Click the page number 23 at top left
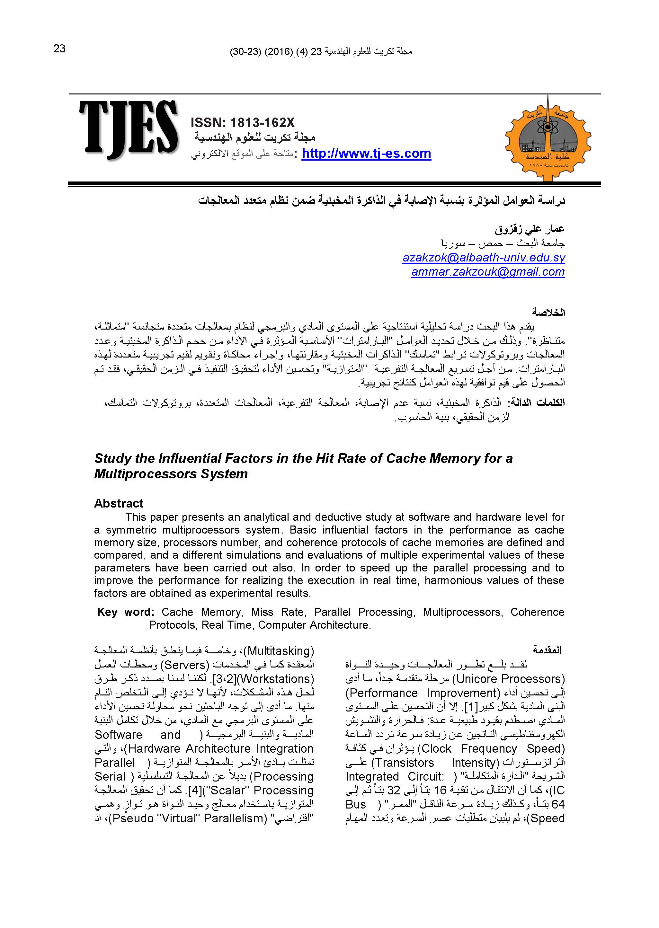pyautogui.click(x=59, y=49)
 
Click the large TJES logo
pyautogui.click(x=129, y=129)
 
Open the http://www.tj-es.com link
pyautogui.click(x=366, y=154)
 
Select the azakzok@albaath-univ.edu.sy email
pyautogui.click(x=484, y=258)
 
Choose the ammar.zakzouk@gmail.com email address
pyautogui.click(x=488, y=272)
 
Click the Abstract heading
pyautogui.click(x=119, y=503)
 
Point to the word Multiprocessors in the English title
pyautogui.click(x=171, y=474)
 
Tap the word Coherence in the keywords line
pyautogui.click(x=537, y=612)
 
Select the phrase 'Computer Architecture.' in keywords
pyautogui.click(x=315, y=625)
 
